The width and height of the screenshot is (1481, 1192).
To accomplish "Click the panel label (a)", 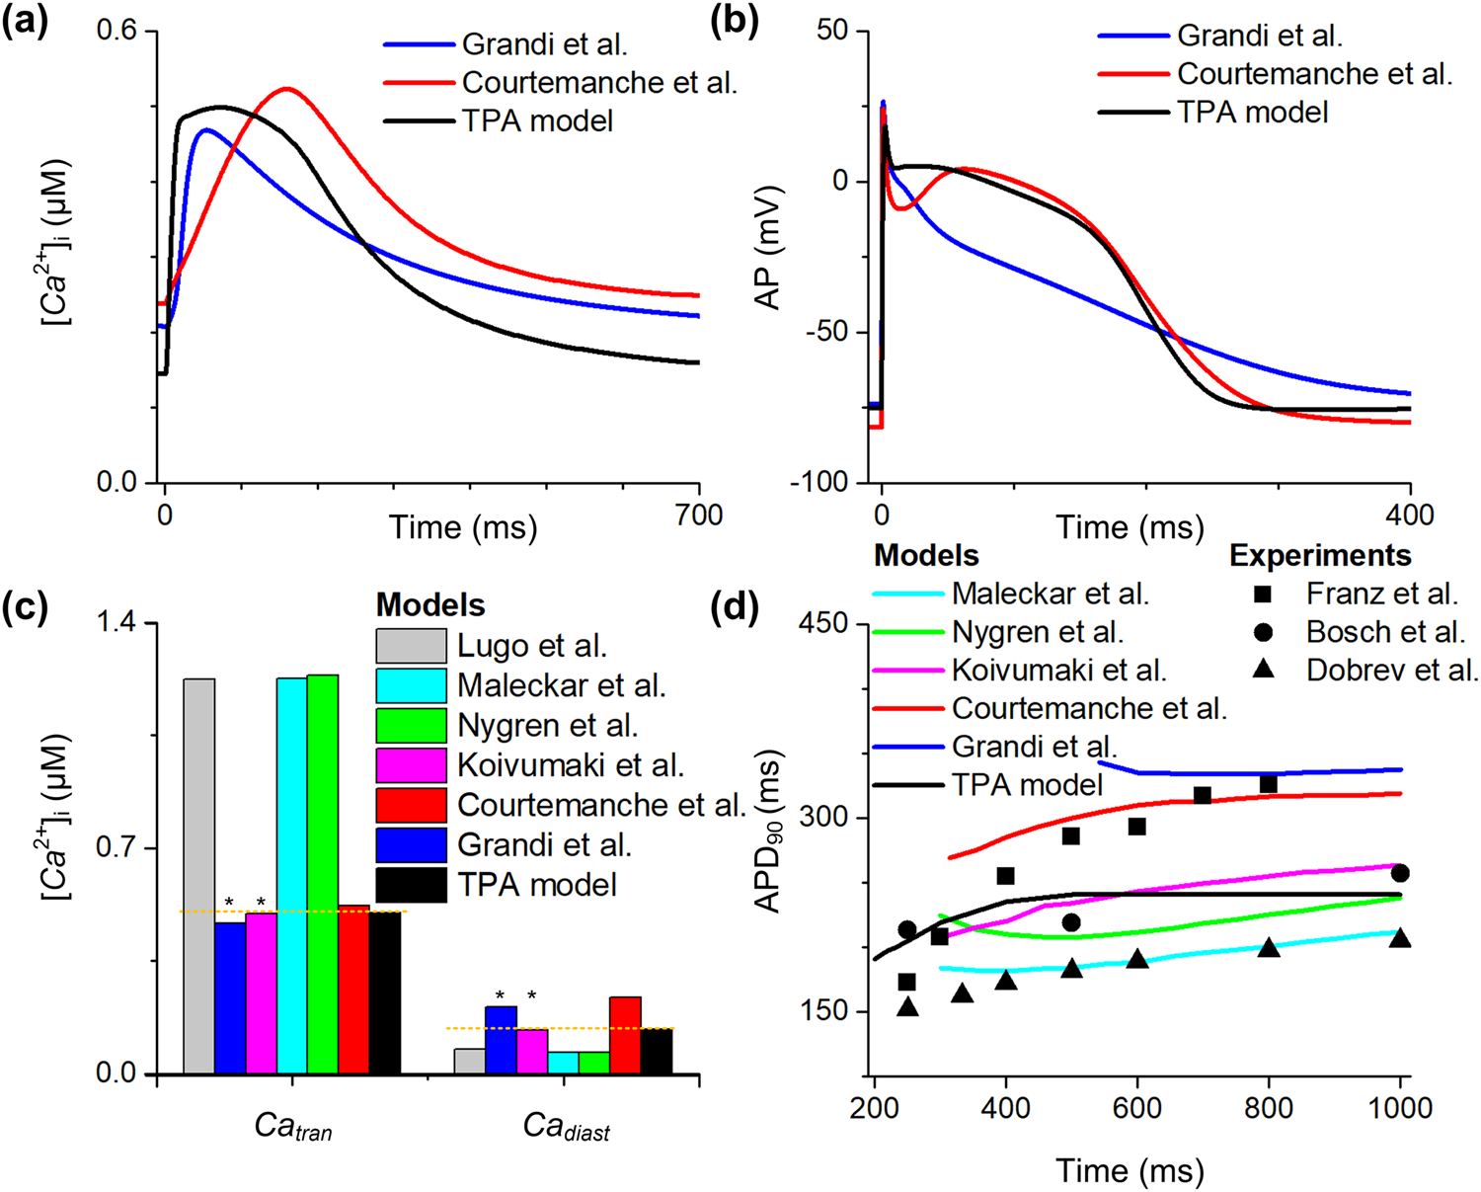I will coord(26,22).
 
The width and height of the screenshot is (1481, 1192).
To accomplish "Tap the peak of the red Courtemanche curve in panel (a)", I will coord(286,89).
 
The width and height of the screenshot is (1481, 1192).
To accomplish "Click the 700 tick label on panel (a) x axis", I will coord(698,516).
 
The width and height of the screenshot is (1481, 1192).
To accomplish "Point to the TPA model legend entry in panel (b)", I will coord(1252,113).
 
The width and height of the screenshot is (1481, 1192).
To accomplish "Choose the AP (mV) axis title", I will coord(769,247).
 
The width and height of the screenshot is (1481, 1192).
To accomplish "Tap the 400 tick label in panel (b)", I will coord(1409,516).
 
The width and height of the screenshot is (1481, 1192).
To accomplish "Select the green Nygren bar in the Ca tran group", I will coord(323,874).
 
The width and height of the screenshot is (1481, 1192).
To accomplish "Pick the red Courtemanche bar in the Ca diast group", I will coord(625,1035).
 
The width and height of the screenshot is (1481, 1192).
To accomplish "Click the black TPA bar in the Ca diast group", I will coord(657,1051).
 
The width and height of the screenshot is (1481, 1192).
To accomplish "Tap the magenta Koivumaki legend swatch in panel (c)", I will coord(411,765).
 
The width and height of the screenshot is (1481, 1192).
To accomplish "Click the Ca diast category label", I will coord(566,1127).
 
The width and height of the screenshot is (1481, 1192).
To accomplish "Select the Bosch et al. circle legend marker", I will coord(1263,632).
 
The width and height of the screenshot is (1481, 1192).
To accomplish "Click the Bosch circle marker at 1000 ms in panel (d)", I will coord(1399,874).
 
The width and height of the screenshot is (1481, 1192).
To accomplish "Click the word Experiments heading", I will coord(1320,556).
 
